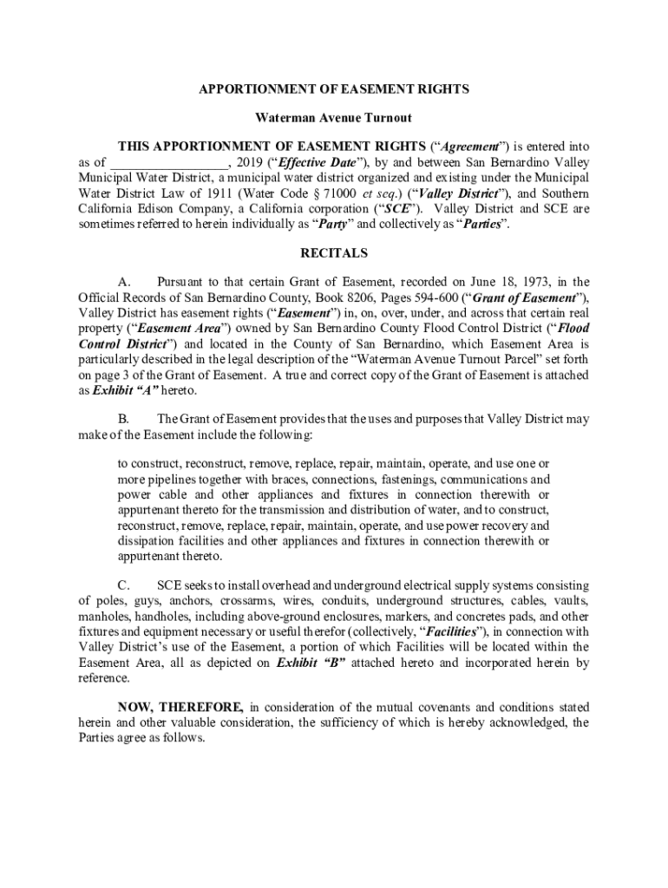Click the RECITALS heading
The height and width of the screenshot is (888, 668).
[334, 253]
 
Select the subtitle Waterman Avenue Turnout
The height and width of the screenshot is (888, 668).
[333, 117]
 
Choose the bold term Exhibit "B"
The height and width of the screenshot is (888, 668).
[311, 663]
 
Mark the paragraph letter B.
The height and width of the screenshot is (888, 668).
[123, 418]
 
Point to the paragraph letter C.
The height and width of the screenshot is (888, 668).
[123, 584]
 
